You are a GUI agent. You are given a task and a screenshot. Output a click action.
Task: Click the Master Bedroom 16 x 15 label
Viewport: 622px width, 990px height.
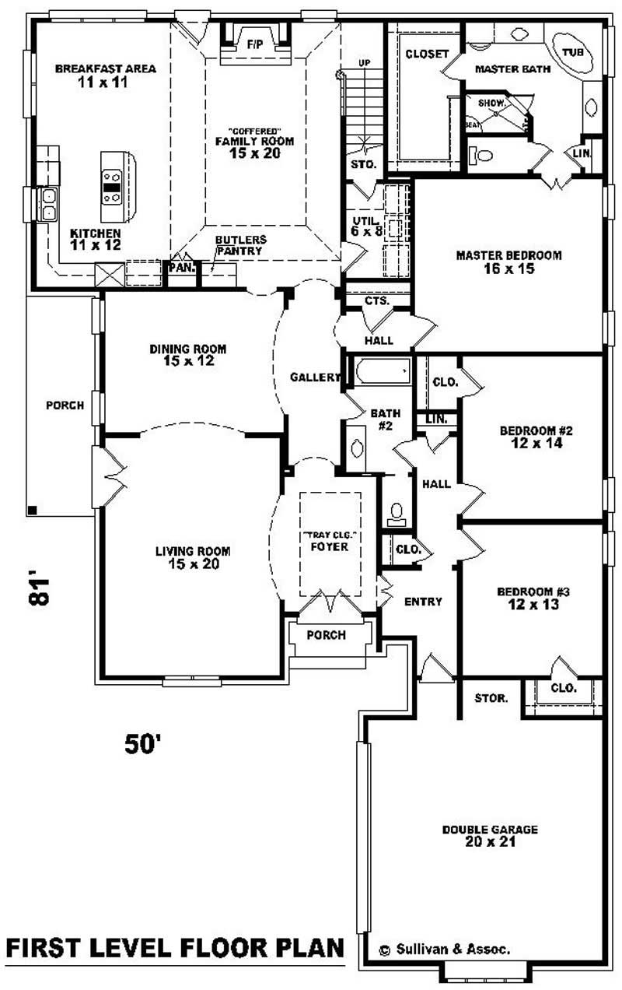point(508,262)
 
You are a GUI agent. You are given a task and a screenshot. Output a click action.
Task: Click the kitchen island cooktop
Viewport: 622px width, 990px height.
point(112,187)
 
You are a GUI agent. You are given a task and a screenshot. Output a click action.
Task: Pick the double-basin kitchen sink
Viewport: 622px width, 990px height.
point(48,204)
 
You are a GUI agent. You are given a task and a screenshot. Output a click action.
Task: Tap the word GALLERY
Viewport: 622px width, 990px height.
point(315,377)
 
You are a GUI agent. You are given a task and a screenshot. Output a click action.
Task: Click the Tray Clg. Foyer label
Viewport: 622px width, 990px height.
point(330,540)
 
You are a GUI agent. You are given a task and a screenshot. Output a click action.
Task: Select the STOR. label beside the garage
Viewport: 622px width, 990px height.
point(491,697)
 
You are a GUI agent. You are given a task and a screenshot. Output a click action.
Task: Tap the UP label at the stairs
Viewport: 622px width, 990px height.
point(364,62)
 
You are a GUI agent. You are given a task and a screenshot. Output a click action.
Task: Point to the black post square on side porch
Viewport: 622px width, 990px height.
point(32,510)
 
